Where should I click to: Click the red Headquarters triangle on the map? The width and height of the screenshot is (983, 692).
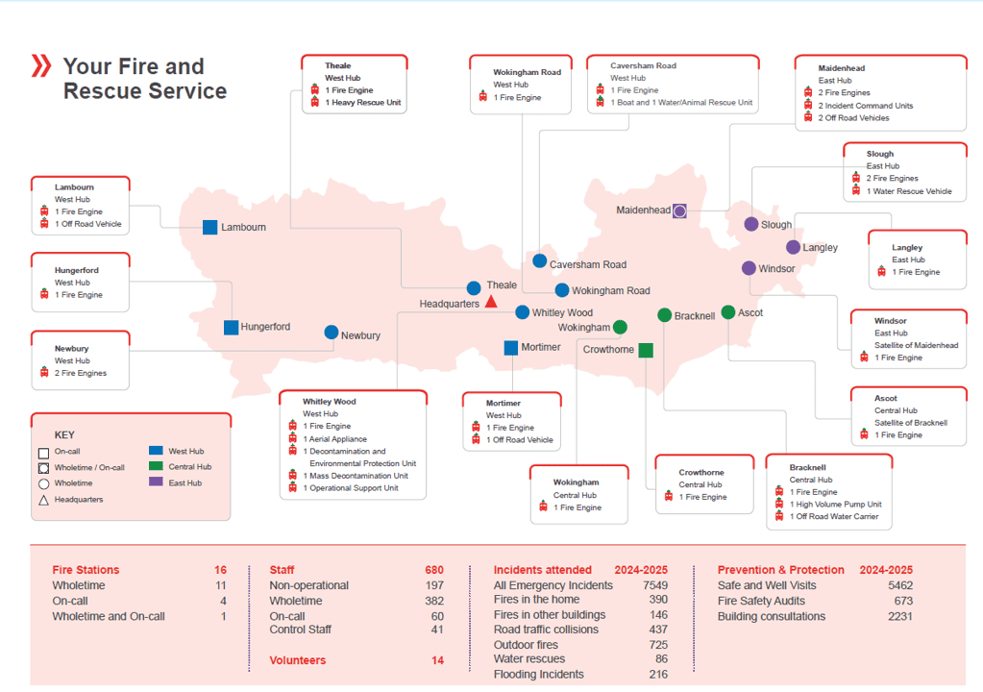point(491,302)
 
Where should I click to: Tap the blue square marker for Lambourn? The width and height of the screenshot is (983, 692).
point(209,228)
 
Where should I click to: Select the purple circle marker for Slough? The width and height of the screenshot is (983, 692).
point(751,224)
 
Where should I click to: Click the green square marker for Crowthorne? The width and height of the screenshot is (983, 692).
point(646,350)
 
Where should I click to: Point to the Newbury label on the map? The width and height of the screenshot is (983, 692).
point(360,335)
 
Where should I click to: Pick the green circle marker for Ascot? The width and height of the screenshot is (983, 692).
point(728,312)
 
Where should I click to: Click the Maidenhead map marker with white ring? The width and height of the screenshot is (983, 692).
point(679,210)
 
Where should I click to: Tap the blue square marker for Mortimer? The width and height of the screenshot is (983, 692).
point(511,347)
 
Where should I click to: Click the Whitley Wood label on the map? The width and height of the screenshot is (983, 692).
point(562,312)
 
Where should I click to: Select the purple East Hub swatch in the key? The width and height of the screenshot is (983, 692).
point(156,482)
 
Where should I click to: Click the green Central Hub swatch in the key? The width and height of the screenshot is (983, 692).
point(156,466)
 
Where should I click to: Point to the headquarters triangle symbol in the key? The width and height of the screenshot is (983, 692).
point(43,500)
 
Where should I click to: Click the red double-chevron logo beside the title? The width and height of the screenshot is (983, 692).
point(41,66)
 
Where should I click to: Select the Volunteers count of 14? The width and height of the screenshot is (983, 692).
point(437,660)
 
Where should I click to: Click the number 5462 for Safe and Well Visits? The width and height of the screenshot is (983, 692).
point(899,585)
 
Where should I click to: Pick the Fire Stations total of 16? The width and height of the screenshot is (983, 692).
point(220,570)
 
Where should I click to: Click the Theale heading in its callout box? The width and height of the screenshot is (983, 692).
point(337,66)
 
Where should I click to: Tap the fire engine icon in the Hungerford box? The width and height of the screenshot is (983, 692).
point(44,294)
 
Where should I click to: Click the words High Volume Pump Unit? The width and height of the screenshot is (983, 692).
point(835,504)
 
